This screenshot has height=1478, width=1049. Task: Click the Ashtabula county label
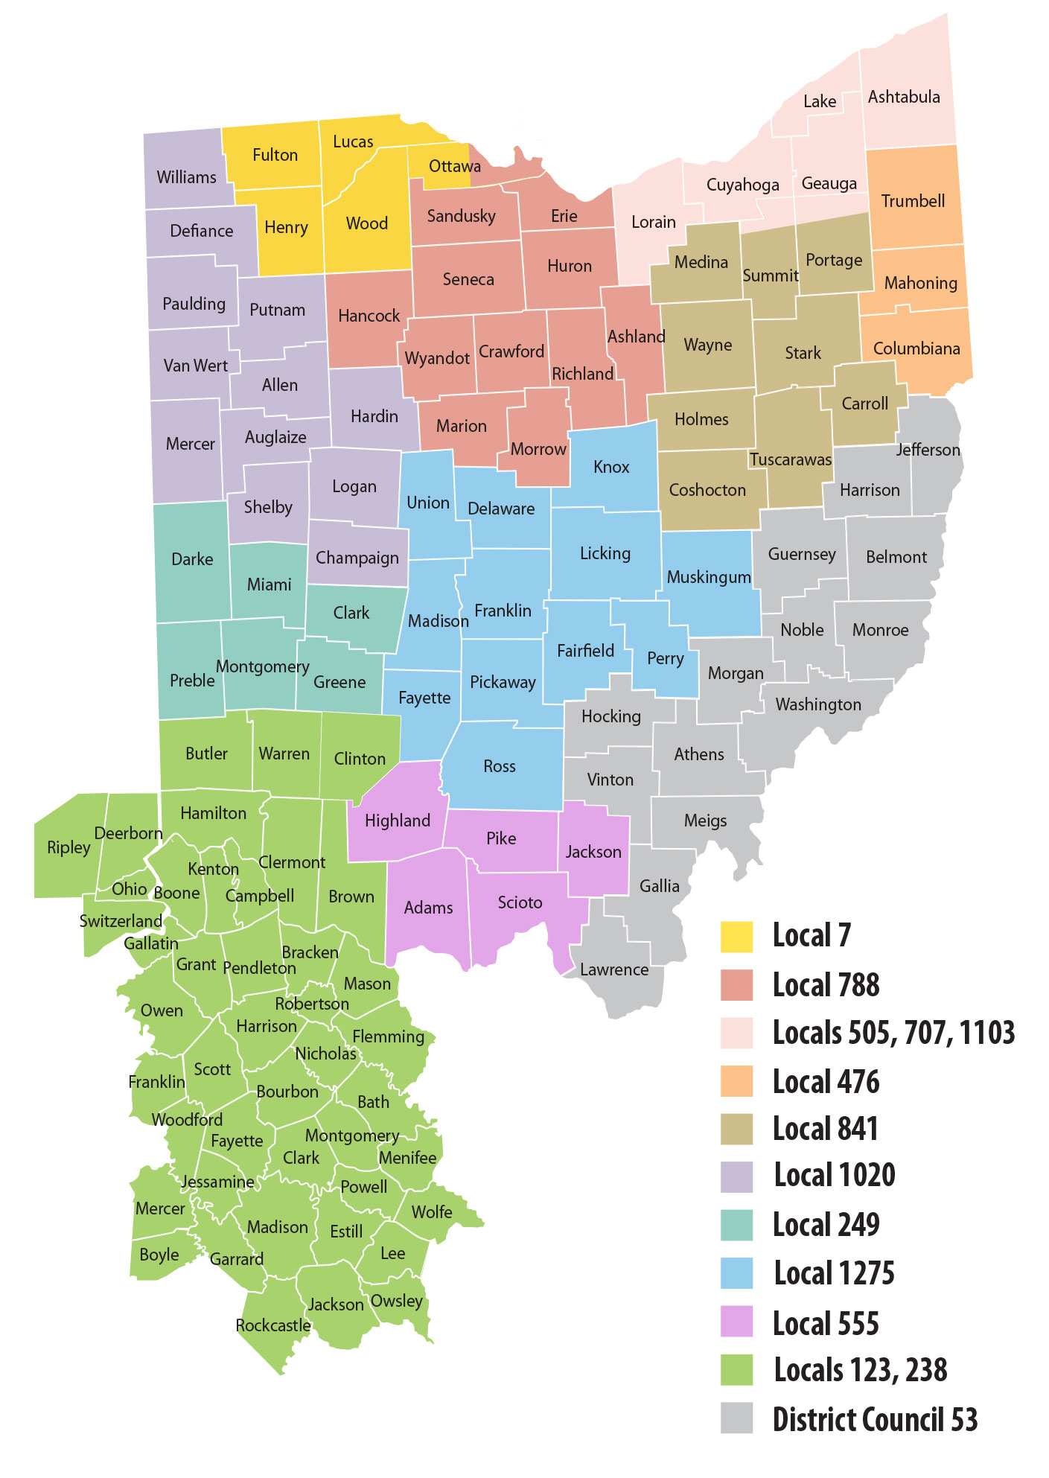[904, 97]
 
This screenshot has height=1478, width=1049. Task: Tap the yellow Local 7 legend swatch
[736, 936]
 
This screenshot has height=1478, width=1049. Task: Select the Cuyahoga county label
[742, 185]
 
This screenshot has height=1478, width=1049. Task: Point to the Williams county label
[186, 177]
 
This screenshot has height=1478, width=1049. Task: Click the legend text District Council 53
[875, 1419]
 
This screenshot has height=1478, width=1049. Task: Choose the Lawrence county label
[613, 969]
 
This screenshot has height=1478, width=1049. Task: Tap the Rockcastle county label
[273, 1325]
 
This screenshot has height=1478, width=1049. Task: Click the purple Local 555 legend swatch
[736, 1322]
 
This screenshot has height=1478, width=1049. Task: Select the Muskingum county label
[709, 577]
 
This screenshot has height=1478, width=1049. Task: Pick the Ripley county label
[68, 847]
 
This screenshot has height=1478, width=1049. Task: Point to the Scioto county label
[520, 902]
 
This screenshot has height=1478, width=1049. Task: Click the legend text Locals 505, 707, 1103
[893, 1033]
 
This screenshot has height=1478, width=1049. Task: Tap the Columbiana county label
[916, 348]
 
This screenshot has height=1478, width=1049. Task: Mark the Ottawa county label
[454, 166]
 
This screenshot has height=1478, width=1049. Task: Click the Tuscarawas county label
[791, 459]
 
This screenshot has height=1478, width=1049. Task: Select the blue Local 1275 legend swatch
[736, 1272]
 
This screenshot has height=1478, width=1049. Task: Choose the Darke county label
[192, 559]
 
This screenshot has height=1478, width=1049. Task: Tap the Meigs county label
[705, 821]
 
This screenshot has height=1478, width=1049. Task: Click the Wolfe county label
[432, 1212]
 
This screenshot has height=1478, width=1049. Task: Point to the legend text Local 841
[825, 1129]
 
